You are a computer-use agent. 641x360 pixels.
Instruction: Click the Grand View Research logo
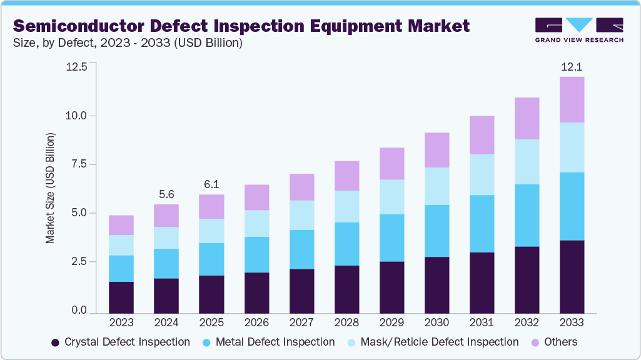pos(578,29)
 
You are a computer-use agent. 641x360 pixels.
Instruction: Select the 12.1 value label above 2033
pos(571,66)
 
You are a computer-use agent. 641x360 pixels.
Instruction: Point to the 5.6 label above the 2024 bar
pos(166,194)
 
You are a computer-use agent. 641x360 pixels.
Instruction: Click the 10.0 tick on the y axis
pos(78,116)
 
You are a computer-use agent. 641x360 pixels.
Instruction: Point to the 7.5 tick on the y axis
pos(81,164)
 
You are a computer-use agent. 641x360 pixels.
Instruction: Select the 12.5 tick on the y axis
pos(78,67)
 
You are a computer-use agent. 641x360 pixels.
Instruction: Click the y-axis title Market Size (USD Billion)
pos(49,187)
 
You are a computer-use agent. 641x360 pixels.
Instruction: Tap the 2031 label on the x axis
pos(482,323)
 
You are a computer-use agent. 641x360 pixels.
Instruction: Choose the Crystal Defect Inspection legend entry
pos(121,342)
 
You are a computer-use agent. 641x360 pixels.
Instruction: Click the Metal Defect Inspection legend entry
pos(268,342)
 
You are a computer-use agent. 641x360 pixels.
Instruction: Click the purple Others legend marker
pos(535,342)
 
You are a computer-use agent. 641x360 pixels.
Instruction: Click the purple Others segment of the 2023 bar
pos(121,225)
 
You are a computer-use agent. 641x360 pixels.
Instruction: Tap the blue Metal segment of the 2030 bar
pos(437,231)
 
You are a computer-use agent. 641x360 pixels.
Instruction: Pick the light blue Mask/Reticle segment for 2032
pos(527,161)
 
